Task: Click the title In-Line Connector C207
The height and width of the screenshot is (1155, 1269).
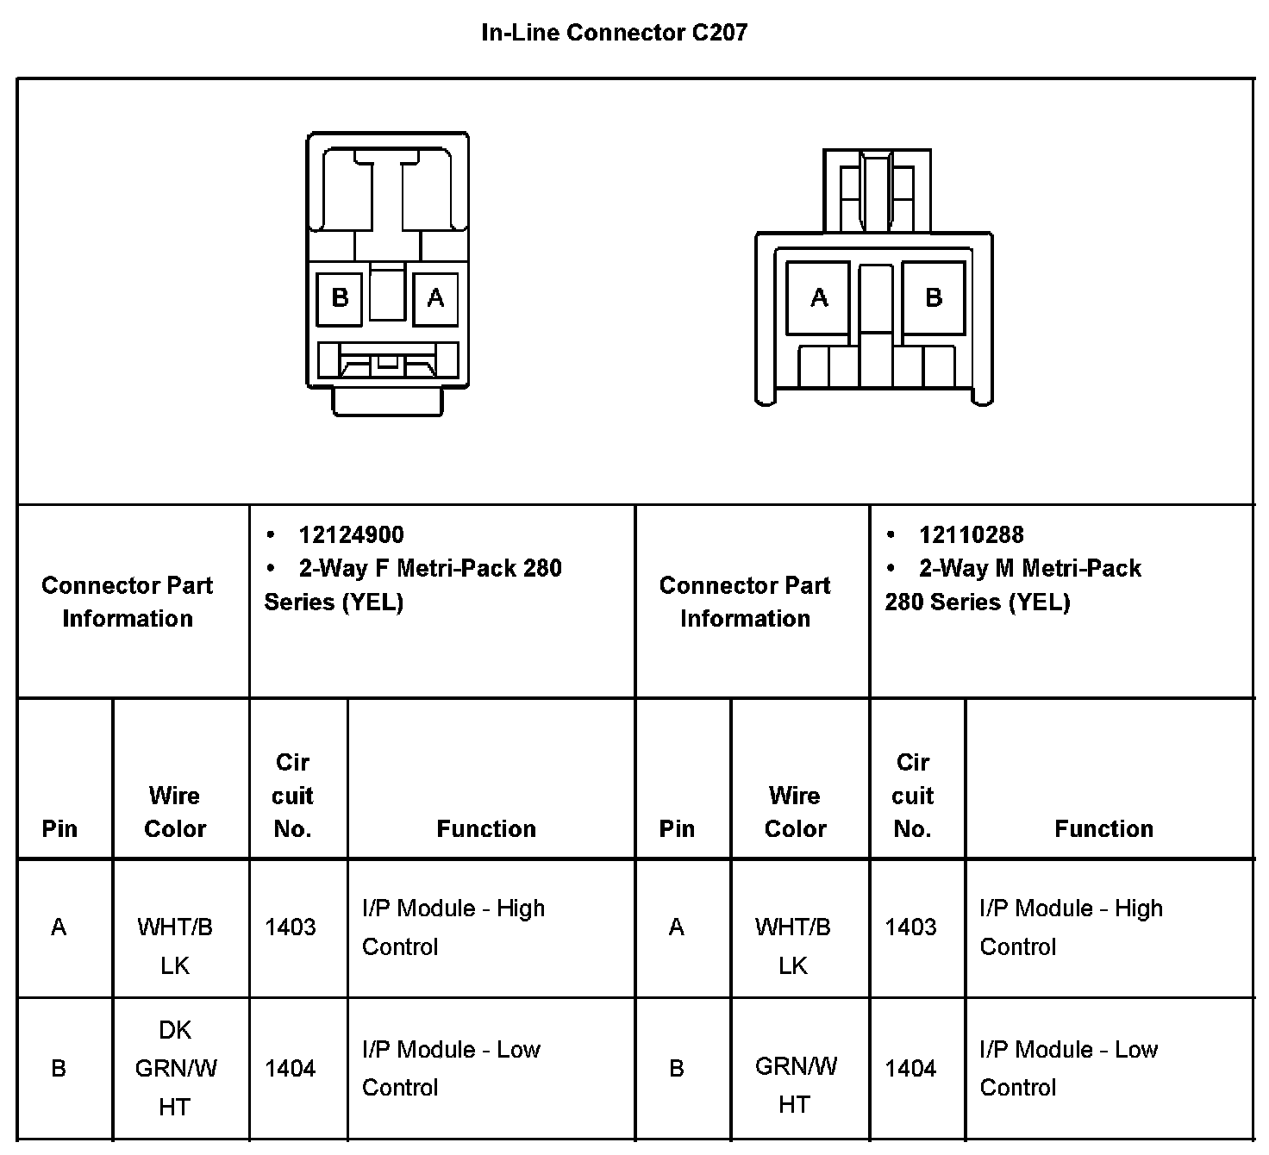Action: click(x=614, y=33)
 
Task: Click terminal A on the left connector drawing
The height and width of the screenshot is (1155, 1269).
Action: click(x=435, y=298)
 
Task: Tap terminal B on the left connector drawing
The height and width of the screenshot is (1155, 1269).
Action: click(x=340, y=298)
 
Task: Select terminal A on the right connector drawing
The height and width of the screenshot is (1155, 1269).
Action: click(x=819, y=298)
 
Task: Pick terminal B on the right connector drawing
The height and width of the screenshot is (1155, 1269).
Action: click(x=934, y=298)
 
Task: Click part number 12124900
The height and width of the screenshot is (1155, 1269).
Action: click(x=351, y=535)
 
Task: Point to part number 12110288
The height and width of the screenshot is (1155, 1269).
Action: click(x=971, y=535)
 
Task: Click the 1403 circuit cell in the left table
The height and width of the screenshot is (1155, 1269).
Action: click(x=291, y=927)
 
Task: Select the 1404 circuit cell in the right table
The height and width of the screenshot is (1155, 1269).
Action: click(x=911, y=1069)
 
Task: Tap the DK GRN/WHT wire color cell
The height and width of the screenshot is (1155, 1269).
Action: click(x=176, y=1069)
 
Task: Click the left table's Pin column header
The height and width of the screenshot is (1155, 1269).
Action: click(x=59, y=829)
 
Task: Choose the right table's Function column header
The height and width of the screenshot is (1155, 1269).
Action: click(x=1103, y=829)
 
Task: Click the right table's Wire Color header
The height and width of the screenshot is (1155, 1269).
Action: click(x=795, y=812)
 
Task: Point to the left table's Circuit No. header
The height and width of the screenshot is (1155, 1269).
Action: click(x=292, y=796)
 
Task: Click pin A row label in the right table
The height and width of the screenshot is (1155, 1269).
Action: click(x=677, y=927)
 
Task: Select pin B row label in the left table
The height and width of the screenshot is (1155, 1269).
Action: click(x=59, y=1069)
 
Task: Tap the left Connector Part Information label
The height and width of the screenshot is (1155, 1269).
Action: click(x=128, y=602)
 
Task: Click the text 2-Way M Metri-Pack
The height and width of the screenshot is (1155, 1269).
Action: click(x=1030, y=569)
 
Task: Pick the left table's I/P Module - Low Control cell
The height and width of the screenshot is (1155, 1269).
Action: click(x=451, y=1069)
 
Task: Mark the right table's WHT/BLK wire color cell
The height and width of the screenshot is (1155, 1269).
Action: click(x=793, y=946)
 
